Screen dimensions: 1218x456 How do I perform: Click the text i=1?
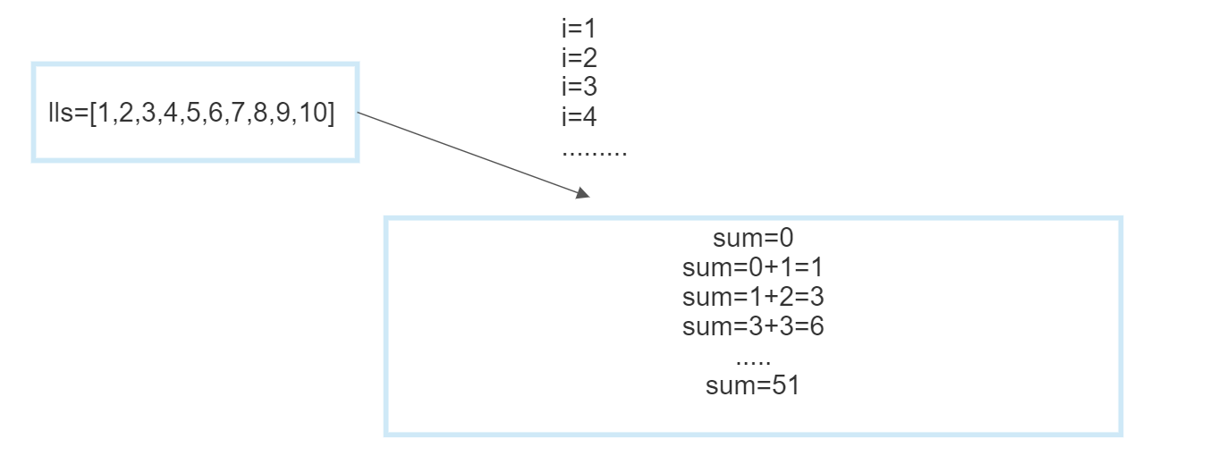579,29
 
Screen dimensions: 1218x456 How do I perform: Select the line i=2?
579,57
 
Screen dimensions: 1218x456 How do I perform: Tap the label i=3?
579,87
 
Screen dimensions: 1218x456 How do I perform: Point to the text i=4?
579,116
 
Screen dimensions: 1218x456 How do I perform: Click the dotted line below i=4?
595,154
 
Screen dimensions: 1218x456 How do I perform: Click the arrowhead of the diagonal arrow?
583,193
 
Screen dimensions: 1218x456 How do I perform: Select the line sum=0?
753,238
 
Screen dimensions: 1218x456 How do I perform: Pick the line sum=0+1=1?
753,267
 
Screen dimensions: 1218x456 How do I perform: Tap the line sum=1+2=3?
753,297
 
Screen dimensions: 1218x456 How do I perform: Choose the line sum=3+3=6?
753,326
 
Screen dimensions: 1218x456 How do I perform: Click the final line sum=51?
753,385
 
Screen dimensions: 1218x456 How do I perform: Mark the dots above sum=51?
753,362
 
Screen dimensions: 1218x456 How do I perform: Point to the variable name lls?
60,113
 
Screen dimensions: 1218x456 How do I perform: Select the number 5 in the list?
193,113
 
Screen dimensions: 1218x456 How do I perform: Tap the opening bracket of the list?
93,113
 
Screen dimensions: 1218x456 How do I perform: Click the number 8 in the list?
260,113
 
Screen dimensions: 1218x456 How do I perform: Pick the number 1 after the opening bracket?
104,113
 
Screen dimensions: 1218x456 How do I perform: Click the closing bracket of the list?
331,113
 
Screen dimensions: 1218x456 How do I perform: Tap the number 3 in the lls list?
148,113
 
